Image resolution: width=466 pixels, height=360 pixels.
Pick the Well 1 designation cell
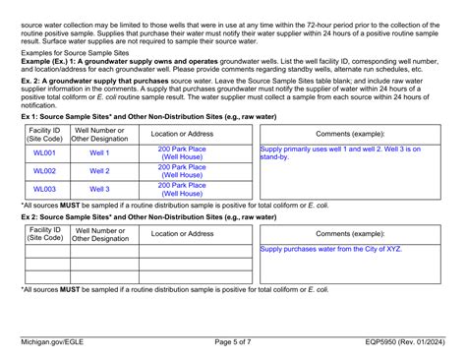point(99,153)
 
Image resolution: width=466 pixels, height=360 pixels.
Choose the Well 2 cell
point(99,171)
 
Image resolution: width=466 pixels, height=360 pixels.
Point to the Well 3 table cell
point(99,189)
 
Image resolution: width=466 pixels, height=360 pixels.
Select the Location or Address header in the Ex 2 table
point(182,234)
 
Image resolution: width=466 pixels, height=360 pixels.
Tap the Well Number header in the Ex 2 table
point(99,234)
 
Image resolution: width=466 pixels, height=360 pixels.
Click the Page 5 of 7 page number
point(233,342)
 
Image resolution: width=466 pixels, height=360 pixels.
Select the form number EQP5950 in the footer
point(390,342)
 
